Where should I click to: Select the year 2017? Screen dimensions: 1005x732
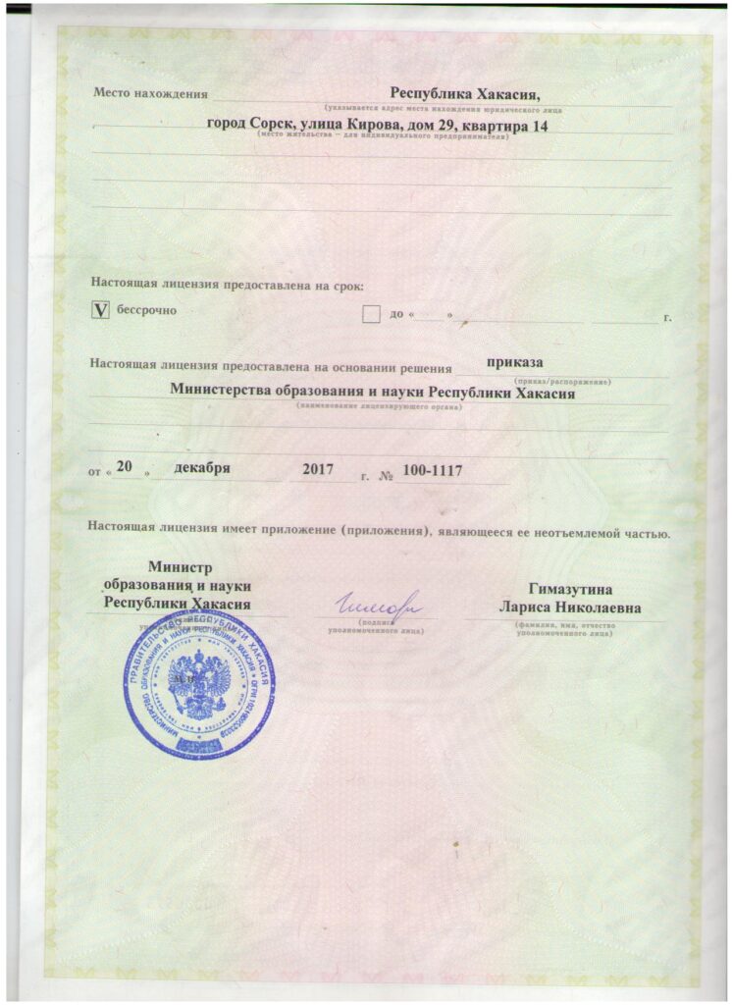pos(320,469)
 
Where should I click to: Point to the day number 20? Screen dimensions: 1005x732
pos(124,468)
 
